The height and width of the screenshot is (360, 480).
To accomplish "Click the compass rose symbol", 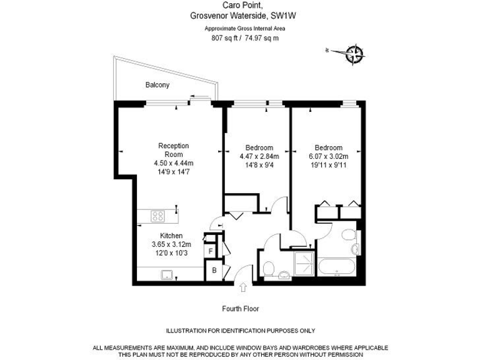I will tap(354, 54).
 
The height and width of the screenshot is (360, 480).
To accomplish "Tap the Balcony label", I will tap(157, 85).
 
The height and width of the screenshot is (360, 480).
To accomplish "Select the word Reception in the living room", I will tap(173, 146).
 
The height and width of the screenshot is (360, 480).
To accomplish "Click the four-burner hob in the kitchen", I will tap(158, 217).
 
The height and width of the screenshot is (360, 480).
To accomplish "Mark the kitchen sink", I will tap(167, 274).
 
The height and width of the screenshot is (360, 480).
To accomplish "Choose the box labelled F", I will tap(211, 251).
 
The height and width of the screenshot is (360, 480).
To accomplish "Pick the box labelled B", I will tap(214, 271).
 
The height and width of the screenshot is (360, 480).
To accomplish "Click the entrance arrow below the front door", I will tap(242, 287).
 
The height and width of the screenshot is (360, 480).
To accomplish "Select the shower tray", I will tap(304, 265).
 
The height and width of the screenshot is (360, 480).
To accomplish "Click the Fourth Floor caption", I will tap(240, 309).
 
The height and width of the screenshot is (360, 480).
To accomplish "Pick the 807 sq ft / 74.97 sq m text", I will tap(240, 37).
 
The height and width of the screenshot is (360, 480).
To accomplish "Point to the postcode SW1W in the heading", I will tap(277, 19).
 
